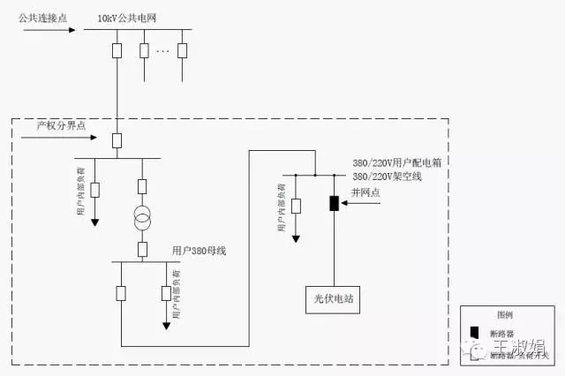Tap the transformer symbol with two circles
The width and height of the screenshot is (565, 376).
click(141, 220)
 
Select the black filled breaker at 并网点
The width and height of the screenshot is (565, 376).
click(335, 204)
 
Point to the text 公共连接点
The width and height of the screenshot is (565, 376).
click(42, 17)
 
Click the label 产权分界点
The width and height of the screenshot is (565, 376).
click(61, 125)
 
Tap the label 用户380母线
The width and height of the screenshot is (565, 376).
click(200, 251)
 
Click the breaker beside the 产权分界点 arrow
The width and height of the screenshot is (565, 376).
click(117, 139)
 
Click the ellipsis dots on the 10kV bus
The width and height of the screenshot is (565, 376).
click(162, 50)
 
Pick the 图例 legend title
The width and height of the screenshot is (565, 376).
click(504, 314)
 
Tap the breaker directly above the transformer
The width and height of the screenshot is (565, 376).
click(141, 187)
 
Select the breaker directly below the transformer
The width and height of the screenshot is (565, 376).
click(141, 248)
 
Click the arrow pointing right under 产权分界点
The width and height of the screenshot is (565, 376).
click(58, 136)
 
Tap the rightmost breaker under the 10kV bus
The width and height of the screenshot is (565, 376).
click(183, 49)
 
